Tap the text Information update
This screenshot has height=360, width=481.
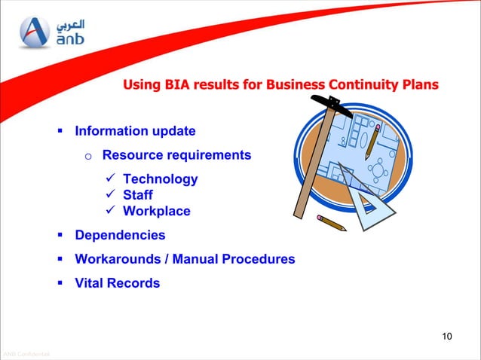pyautogui.click(x=135, y=131)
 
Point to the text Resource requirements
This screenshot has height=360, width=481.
pyautogui.click(x=176, y=155)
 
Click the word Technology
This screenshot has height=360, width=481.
pyautogui.click(x=160, y=178)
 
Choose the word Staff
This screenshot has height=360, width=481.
pyautogui.click(x=137, y=195)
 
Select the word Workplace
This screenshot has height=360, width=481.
pyautogui.click(x=156, y=211)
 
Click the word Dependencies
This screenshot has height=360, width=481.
pyautogui.click(x=119, y=235)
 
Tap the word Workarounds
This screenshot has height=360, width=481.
pyautogui.click(x=119, y=259)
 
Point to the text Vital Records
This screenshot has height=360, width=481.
pyautogui.click(x=117, y=283)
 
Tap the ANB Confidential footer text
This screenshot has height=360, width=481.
pyautogui.click(x=26, y=354)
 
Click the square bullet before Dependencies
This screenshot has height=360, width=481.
pyautogui.click(x=60, y=235)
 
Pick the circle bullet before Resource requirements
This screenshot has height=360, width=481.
pyautogui.click(x=87, y=157)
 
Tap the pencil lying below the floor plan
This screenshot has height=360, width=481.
pyautogui.click(x=331, y=222)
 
